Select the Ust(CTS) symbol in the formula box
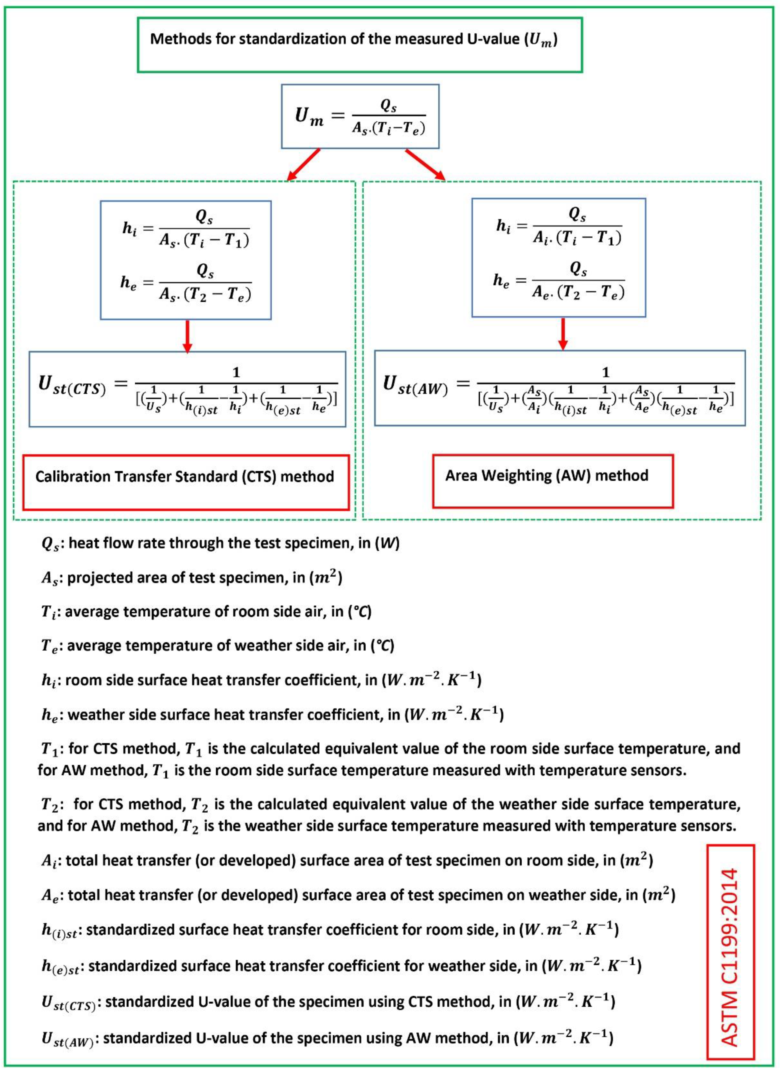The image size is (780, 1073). pos(72,386)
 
